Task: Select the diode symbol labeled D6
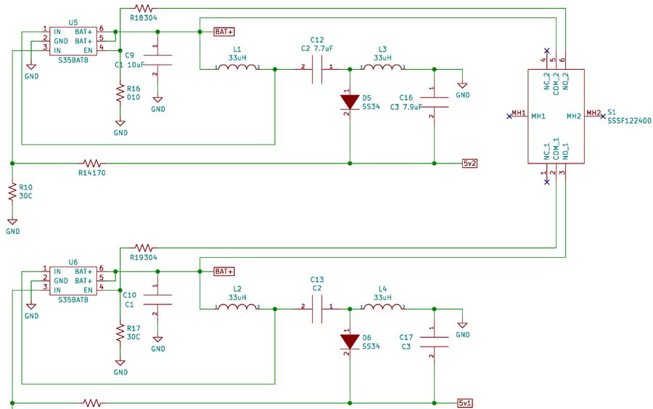click(x=350, y=340)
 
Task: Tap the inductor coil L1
click(x=237, y=68)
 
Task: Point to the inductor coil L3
click(x=382, y=68)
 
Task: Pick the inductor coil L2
click(x=237, y=308)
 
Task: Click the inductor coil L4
click(x=382, y=308)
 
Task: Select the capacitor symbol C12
click(x=317, y=68)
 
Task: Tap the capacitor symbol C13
click(x=317, y=308)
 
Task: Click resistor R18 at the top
click(x=143, y=9)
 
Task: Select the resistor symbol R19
click(x=143, y=248)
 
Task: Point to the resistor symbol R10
click(x=12, y=193)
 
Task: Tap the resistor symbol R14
click(x=92, y=163)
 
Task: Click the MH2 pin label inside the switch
click(x=573, y=116)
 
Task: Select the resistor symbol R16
click(x=120, y=93)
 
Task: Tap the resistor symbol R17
click(x=120, y=333)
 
